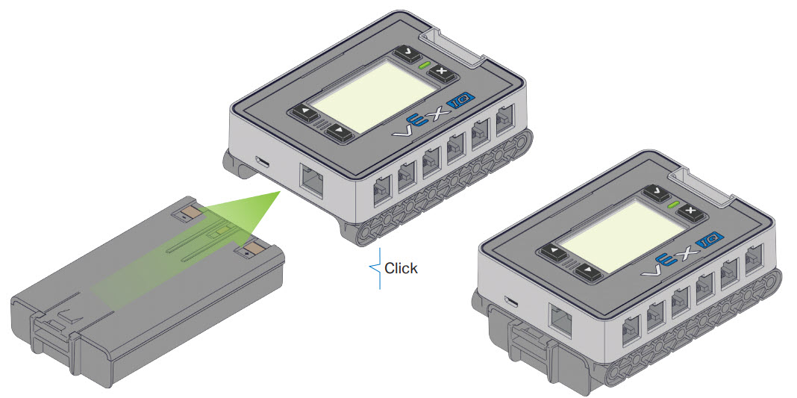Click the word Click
[x=401, y=268]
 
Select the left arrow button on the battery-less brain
[x=305, y=114]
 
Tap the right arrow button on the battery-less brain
[x=339, y=131]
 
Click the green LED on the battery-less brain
[x=424, y=64]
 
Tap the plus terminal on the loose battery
[x=251, y=249]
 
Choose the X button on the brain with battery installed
[x=690, y=211]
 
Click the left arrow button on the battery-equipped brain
[x=554, y=252]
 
